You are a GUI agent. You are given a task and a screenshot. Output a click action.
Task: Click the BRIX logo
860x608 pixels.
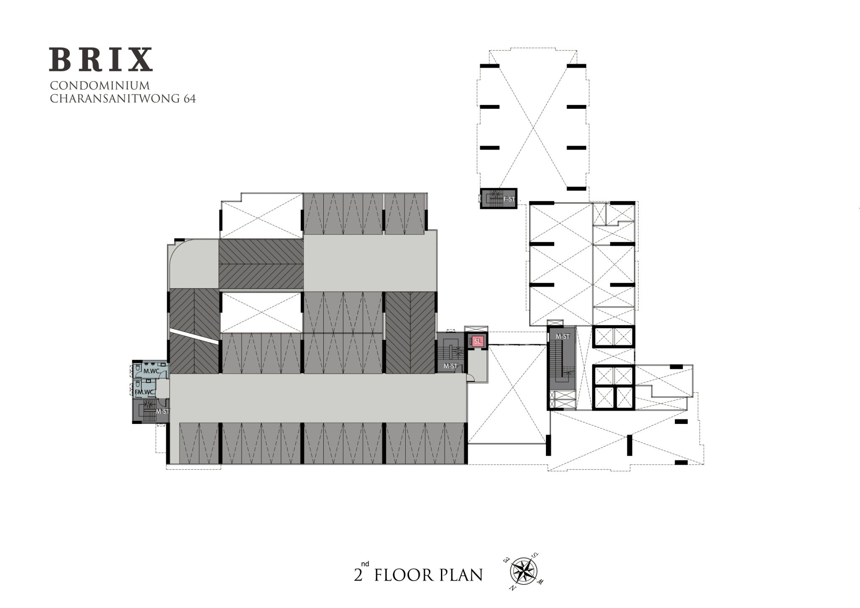tap(101, 59)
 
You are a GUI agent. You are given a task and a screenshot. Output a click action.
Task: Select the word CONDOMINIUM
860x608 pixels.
tap(100, 86)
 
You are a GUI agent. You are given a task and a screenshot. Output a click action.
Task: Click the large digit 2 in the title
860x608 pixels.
tap(358, 575)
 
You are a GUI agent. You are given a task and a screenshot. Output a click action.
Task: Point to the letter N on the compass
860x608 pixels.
tap(512, 587)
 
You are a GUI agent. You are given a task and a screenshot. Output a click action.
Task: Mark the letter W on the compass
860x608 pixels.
tap(541, 582)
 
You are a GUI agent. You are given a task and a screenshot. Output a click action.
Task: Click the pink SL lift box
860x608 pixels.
tap(477, 342)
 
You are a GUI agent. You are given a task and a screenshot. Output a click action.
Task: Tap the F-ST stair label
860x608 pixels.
tap(509, 199)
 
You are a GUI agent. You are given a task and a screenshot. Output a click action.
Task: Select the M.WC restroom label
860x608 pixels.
tap(151, 371)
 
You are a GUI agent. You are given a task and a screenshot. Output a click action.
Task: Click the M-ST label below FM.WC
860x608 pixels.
tap(163, 411)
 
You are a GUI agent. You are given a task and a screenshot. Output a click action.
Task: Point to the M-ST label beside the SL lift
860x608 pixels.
tap(451, 366)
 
